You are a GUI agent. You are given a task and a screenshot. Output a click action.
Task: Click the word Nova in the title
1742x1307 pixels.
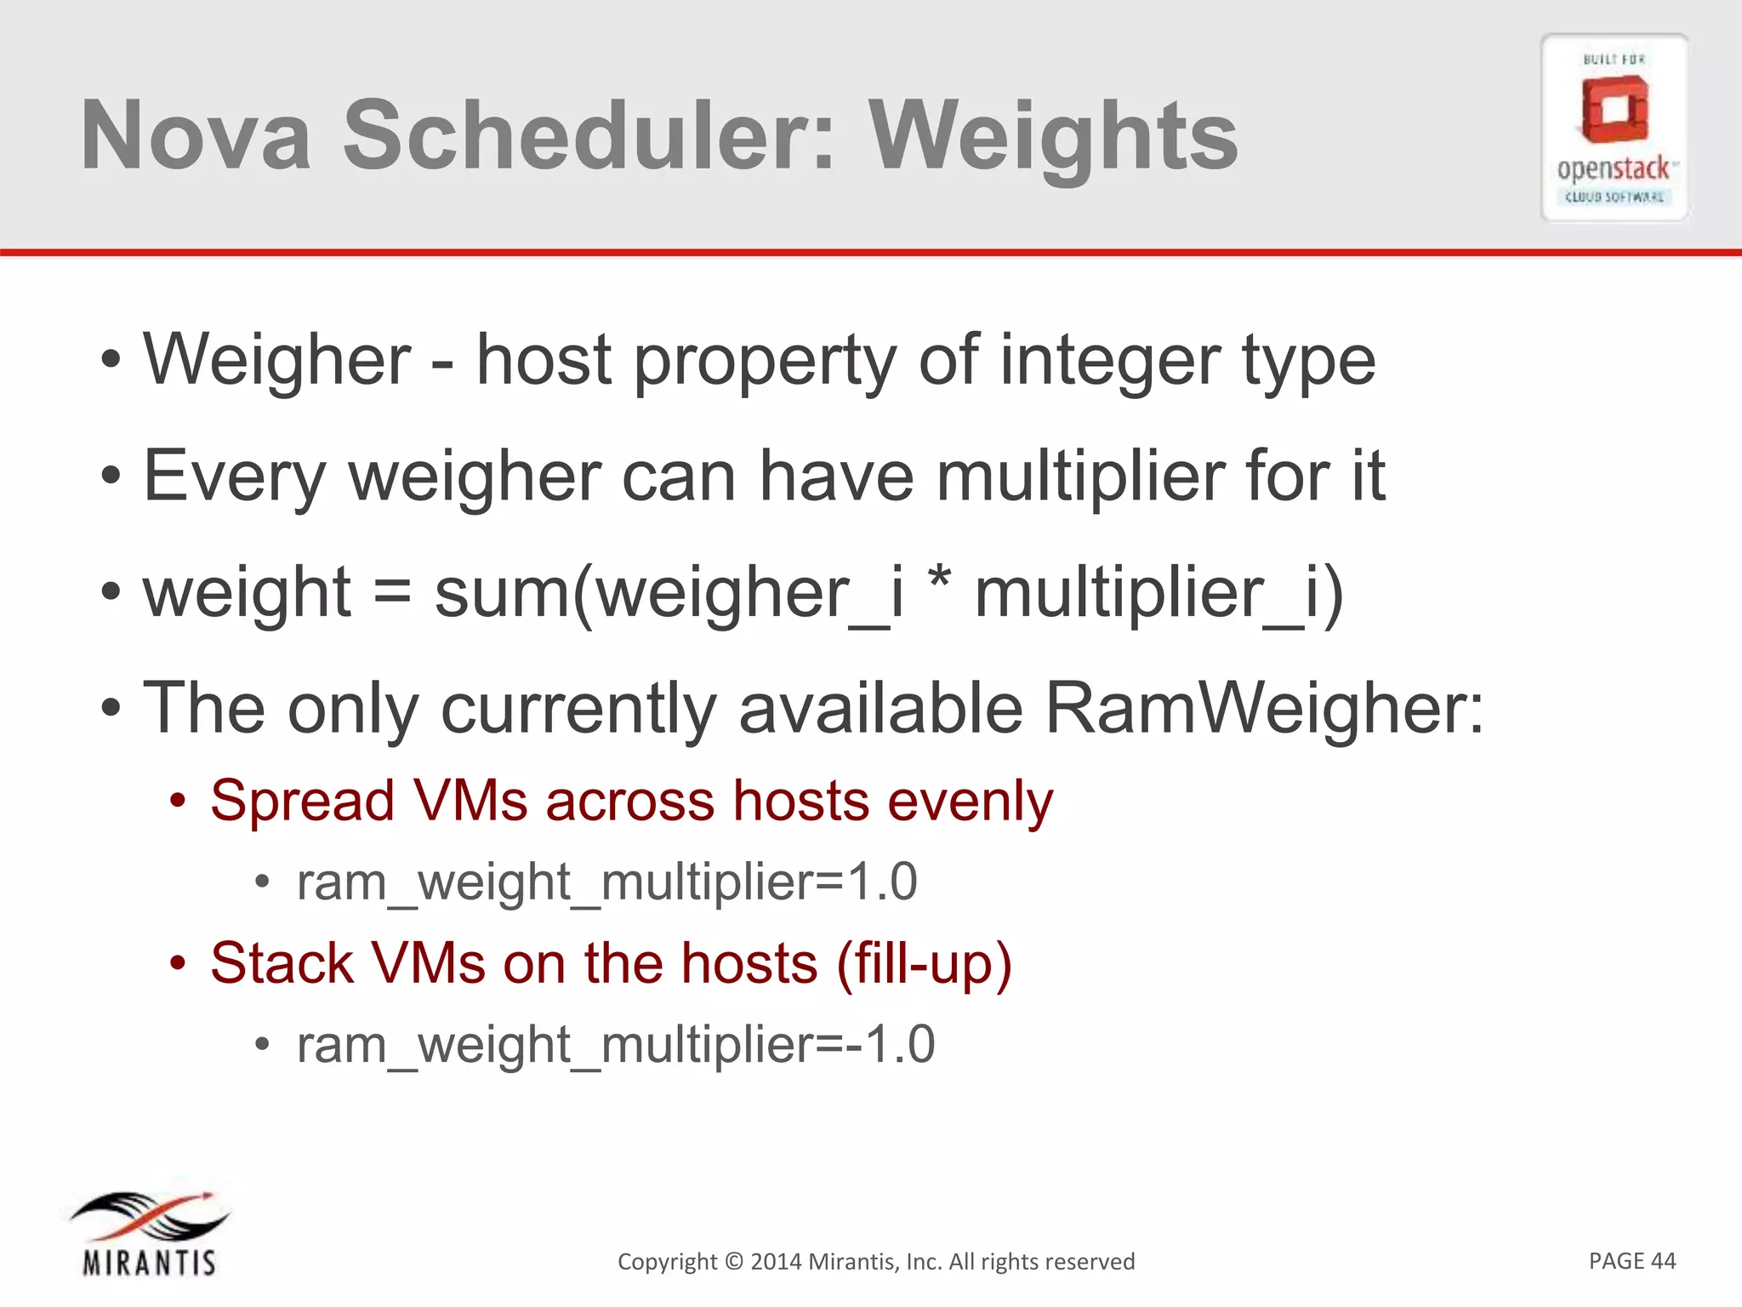point(196,136)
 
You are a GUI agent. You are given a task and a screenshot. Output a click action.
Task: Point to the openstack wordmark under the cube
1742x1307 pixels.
point(1614,168)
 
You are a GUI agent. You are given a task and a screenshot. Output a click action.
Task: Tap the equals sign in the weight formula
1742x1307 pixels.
point(392,593)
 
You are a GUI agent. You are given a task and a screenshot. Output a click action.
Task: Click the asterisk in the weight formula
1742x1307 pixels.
point(939,583)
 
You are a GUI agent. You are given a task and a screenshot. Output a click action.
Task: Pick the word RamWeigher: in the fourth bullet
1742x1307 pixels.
point(1263,708)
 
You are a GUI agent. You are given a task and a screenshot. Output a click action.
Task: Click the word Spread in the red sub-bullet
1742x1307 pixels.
point(302,802)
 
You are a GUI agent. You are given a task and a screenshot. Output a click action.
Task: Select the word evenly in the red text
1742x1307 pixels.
point(970,802)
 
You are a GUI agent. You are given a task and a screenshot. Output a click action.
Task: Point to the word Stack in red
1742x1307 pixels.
point(282,964)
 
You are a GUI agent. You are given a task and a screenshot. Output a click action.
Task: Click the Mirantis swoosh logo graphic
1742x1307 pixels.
point(150,1216)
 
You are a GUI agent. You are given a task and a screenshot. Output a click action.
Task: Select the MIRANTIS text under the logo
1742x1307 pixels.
point(150,1262)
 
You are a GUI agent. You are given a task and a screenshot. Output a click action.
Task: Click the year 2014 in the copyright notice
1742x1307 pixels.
point(776,1261)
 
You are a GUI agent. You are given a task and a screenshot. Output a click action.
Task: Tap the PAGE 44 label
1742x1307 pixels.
point(1631,1260)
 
